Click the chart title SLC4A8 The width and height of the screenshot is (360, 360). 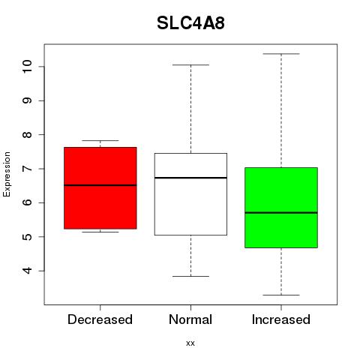[190, 23]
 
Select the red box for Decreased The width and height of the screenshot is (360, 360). [100, 188]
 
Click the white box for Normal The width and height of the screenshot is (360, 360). [190, 194]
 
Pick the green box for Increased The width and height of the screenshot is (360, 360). [281, 208]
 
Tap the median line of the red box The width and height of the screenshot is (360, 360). [100, 185]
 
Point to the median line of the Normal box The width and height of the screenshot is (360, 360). [190, 178]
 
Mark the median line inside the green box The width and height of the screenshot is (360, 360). [281, 213]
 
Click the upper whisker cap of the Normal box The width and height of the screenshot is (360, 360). [190, 65]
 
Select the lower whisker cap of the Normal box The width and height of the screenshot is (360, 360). [190, 276]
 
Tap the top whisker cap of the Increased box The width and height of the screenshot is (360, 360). [281, 54]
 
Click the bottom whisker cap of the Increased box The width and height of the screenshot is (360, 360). [281, 295]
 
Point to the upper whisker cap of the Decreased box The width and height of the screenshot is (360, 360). [100, 140]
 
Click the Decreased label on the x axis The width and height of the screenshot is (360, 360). [100, 319]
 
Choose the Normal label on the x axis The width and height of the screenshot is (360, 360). [190, 319]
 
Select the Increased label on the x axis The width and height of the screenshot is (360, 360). [281, 319]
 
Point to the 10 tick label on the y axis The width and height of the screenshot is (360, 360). [27, 67]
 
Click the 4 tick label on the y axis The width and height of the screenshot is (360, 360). [27, 271]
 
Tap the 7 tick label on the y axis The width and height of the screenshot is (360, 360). [27, 169]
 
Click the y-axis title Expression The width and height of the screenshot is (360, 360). [7, 174]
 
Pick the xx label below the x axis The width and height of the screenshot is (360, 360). [190, 343]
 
